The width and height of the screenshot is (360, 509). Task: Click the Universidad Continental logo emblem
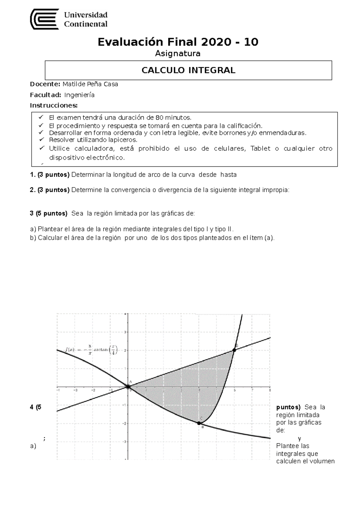pos(44,19)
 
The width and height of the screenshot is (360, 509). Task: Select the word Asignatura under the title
pos(178,54)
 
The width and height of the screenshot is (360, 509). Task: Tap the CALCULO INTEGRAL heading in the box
pos(188,70)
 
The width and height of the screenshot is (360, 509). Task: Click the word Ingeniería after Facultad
pos(79,95)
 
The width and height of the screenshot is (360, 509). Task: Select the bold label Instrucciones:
pos(54,106)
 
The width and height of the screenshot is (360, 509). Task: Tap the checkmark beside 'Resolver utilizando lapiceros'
pos(41,140)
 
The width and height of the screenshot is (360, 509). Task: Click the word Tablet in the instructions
pos(260,148)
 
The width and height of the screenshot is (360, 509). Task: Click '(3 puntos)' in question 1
pos(53,175)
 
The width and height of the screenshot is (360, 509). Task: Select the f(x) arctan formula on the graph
pos(91,350)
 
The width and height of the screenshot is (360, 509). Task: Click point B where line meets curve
pos(234,350)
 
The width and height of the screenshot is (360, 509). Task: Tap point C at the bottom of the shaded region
pos(199,423)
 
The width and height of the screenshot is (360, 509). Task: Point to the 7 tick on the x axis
pos(252,390)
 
